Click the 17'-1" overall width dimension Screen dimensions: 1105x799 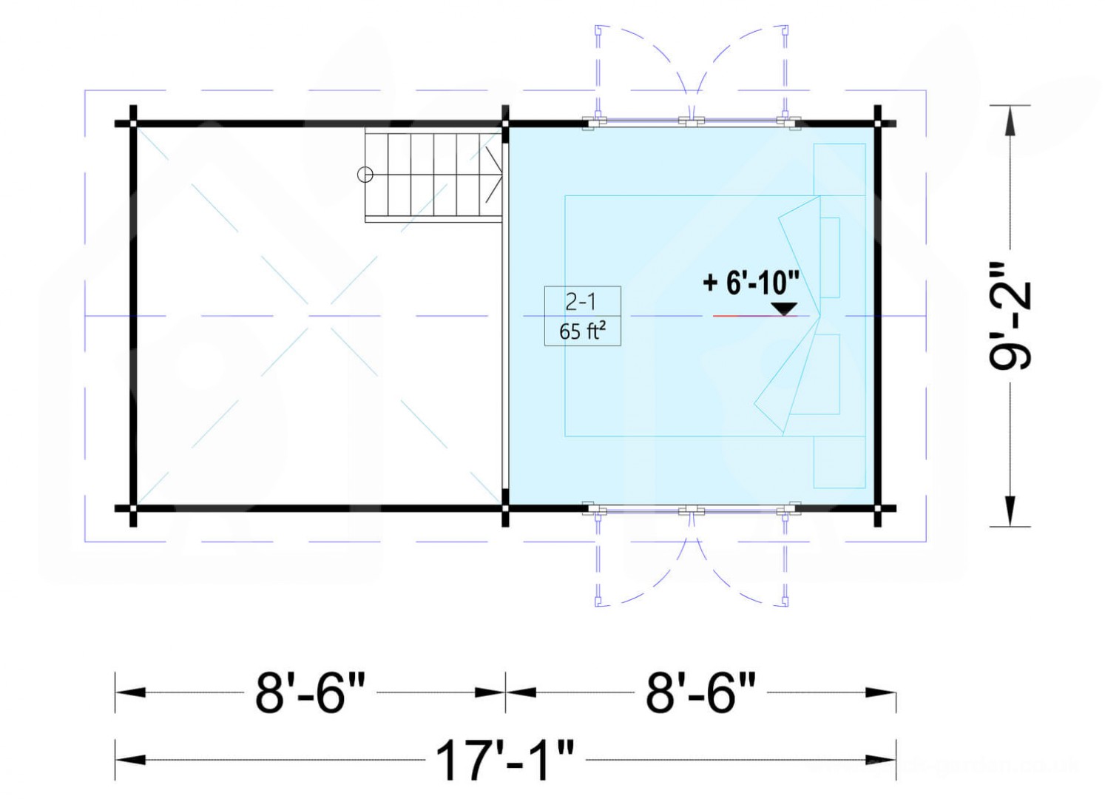(x=506, y=760)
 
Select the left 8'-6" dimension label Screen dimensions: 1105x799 (x=311, y=692)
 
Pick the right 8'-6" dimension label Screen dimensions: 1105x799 (x=701, y=692)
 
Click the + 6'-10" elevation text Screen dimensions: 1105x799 (x=751, y=283)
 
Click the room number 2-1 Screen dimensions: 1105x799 (x=582, y=302)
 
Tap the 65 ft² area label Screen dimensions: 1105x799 (x=582, y=331)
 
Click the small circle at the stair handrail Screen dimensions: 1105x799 (x=365, y=175)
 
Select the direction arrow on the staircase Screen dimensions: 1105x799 (x=494, y=175)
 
